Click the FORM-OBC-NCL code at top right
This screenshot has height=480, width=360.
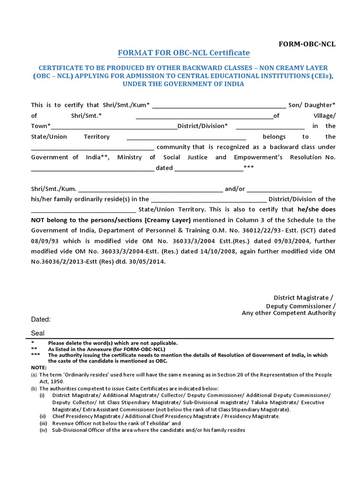307,44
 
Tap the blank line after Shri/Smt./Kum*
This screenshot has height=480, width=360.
219,105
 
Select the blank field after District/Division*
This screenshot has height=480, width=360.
270,126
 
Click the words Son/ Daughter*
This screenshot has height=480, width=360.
312,105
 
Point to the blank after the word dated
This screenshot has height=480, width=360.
209,168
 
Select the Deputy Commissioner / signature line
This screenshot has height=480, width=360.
300,306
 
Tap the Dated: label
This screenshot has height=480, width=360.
41,320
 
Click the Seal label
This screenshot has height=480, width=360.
38,333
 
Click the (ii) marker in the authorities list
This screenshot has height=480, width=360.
43,416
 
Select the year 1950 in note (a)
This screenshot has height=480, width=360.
57,382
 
